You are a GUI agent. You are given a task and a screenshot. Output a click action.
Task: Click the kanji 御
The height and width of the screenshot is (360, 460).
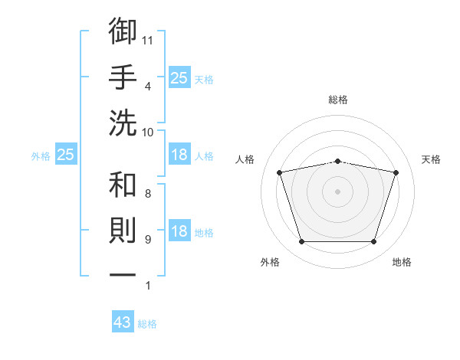[123, 31]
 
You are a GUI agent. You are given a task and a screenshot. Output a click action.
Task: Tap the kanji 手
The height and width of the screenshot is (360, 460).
[123, 77]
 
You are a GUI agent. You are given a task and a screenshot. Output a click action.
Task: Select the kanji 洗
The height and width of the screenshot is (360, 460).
[123, 123]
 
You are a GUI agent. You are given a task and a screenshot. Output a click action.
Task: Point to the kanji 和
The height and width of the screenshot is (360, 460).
[123, 185]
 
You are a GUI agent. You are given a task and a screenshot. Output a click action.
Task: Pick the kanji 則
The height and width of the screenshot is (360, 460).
[123, 231]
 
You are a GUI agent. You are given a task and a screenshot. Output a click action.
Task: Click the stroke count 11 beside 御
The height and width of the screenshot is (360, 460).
[147, 41]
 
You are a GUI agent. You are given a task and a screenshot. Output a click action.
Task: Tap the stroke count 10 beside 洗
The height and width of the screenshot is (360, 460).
[147, 133]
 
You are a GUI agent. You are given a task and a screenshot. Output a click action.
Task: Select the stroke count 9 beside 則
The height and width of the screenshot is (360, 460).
[148, 240]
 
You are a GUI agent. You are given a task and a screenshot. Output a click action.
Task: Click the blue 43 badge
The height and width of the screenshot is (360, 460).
[123, 321]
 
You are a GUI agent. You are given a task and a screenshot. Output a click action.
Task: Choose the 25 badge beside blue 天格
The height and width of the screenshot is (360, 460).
[179, 77]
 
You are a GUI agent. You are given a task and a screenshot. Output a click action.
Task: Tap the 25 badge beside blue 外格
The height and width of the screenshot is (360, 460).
[66, 154]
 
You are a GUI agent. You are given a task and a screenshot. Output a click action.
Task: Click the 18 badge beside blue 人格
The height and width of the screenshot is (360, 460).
[179, 154]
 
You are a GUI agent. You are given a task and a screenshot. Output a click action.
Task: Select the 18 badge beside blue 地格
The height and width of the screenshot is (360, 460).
[179, 230]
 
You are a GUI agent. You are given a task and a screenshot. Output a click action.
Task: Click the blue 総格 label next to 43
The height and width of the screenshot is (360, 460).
[147, 324]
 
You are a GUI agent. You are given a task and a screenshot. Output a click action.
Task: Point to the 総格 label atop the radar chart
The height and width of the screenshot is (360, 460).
[338, 100]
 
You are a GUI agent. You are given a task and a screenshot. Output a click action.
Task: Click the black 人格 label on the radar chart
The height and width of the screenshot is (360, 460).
[245, 159]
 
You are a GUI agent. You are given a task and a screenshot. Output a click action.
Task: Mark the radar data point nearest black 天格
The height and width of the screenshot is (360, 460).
[396, 172]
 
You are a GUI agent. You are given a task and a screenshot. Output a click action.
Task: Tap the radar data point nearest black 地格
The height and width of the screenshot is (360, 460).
[374, 242]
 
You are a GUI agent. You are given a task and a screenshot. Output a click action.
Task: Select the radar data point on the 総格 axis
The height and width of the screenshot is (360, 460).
[337, 162]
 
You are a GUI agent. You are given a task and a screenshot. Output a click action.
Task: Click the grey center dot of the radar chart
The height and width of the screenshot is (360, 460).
[337, 191]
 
